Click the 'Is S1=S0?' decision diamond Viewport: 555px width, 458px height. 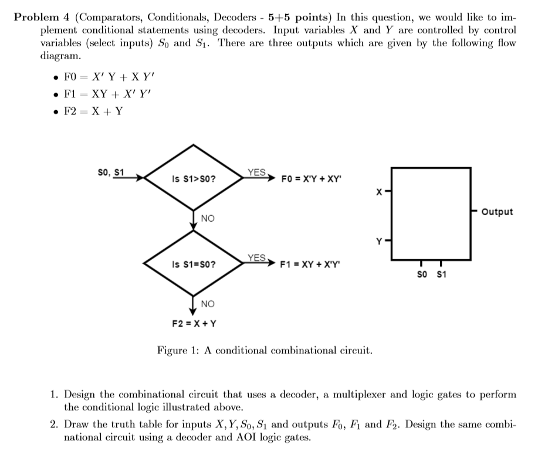[194, 264]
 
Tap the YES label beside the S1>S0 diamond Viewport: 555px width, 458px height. [256, 172]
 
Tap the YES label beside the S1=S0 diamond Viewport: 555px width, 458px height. [256, 258]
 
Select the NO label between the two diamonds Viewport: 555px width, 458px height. [208, 218]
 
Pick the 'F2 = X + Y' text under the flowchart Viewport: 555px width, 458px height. [194, 323]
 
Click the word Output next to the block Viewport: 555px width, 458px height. [496, 212]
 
